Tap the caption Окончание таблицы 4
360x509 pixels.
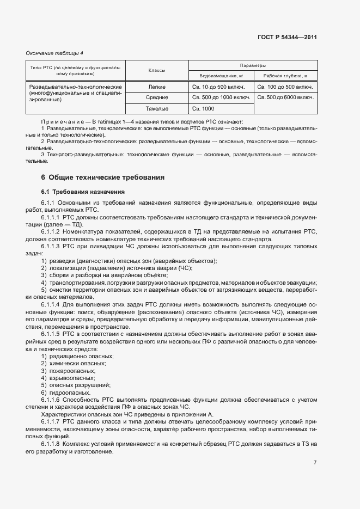click(54, 53)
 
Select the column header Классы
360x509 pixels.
click(157, 71)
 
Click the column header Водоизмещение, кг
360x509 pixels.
click(221, 76)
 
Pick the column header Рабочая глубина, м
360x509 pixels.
click(285, 76)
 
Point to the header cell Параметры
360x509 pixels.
click(253, 65)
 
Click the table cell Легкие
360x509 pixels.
click(157, 87)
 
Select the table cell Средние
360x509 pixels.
click(157, 97)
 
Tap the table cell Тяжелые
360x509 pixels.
click(157, 108)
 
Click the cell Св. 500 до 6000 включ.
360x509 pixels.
click(285, 97)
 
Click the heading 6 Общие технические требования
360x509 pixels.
click(103, 177)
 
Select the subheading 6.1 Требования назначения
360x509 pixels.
click(83, 192)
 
